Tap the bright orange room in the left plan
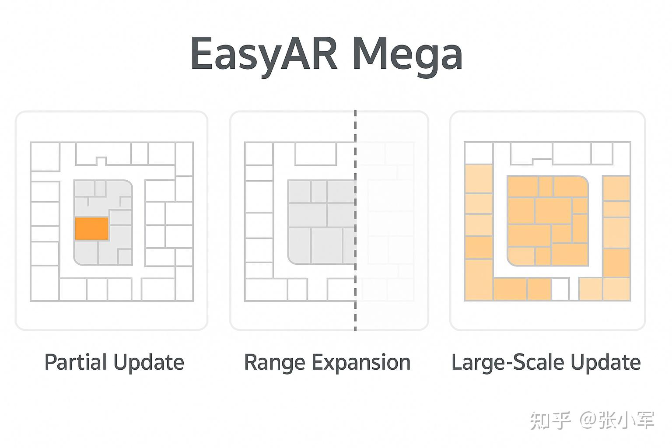[91, 228]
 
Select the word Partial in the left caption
[76, 363]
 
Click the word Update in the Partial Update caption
[149, 363]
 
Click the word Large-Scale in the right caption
[507, 363]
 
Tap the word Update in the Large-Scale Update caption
[605, 363]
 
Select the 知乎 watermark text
[550, 420]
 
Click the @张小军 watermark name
[617, 420]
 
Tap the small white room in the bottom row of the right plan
[560, 289]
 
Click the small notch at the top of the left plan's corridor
[101, 161]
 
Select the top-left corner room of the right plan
[479, 153]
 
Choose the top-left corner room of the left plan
[45, 157]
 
